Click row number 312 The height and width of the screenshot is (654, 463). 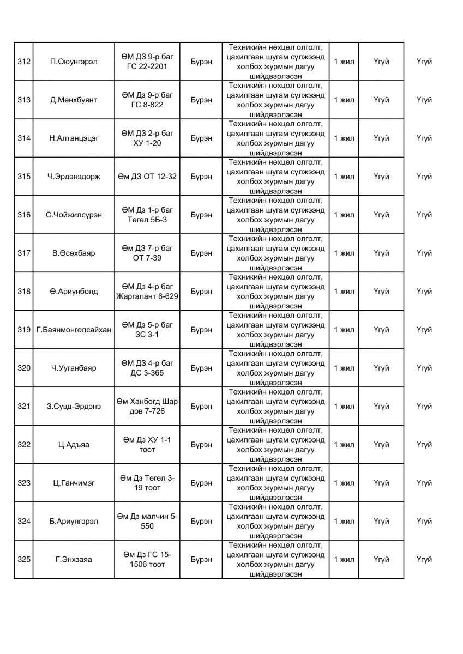(23, 62)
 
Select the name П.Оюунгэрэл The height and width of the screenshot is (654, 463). (73, 62)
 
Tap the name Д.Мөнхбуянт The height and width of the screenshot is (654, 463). (73, 100)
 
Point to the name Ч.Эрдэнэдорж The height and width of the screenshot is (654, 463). (74, 177)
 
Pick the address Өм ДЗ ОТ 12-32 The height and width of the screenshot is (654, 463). (147, 177)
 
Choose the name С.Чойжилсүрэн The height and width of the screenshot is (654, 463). (74, 215)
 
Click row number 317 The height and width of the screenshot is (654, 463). (23, 253)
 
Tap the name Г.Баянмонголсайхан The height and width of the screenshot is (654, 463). (74, 330)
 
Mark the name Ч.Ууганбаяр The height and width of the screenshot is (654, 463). (74, 368)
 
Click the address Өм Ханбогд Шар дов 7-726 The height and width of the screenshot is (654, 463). (147, 406)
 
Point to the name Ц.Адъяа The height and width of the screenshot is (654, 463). (74, 445)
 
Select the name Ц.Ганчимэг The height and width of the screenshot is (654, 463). (74, 483)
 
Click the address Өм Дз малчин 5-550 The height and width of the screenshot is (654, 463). (147, 521)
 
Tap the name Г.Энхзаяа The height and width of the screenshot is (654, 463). (74, 559)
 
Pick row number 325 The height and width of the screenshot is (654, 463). (23, 559)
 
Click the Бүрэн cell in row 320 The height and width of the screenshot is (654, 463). (202, 368)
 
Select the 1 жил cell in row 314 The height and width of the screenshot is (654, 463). (344, 138)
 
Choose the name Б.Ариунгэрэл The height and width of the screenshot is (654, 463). (74, 521)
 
